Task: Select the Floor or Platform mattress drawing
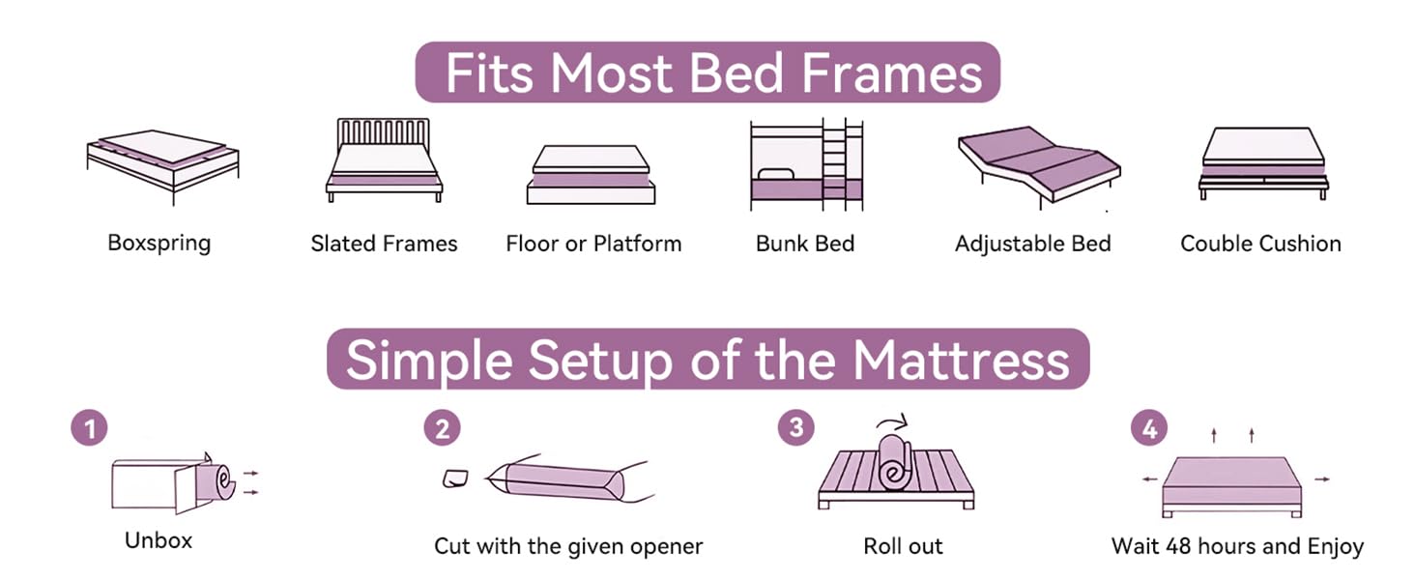591,174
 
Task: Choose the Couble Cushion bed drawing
1263,162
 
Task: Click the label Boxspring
159,242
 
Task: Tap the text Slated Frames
384,244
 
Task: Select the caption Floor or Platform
593,244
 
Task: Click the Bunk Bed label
805,244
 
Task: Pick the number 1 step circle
90,428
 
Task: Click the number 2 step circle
442,428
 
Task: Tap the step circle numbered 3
795,428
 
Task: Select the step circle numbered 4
1149,428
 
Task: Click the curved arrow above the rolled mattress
894,421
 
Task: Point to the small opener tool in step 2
454,478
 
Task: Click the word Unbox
159,540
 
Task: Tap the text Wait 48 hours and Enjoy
1237,546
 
